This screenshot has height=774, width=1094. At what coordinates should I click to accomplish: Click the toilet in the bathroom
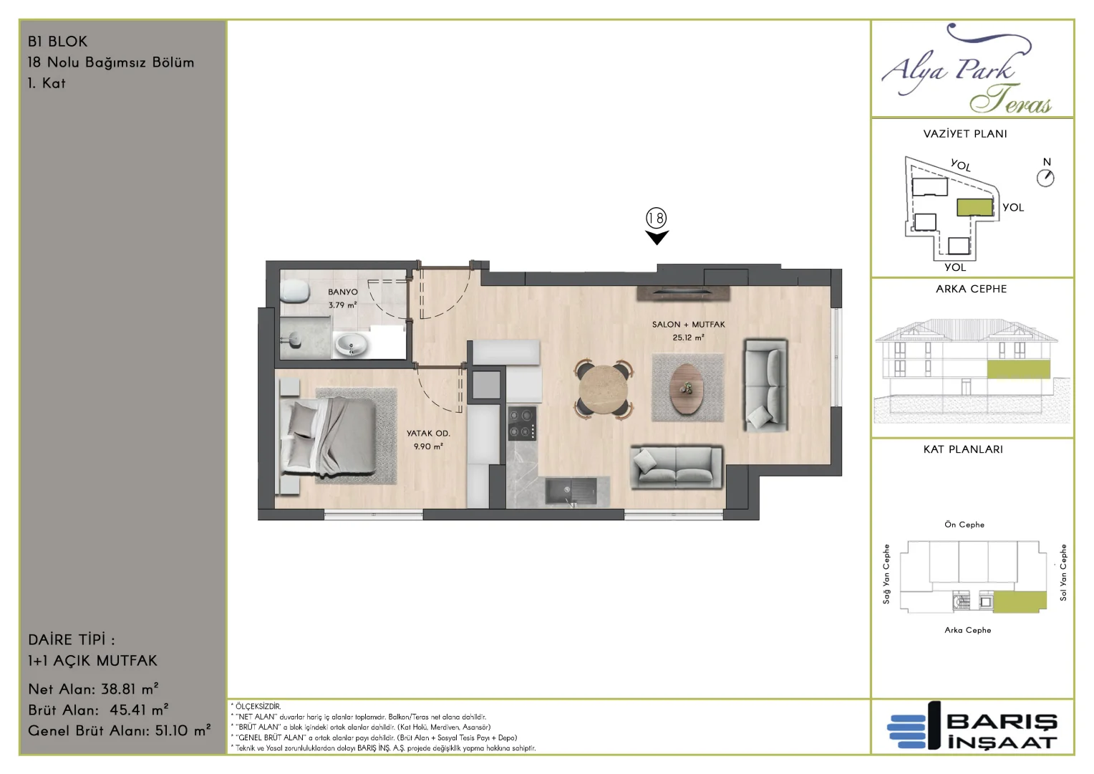pyautogui.click(x=295, y=292)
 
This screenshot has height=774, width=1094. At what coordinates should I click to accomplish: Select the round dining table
pyautogui.click(x=604, y=389)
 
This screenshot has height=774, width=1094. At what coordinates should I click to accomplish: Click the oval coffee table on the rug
pyautogui.click(x=687, y=388)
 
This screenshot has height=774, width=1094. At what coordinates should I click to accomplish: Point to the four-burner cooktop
pyautogui.click(x=522, y=423)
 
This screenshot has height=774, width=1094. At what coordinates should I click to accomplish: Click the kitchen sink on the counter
pyautogui.click(x=571, y=490)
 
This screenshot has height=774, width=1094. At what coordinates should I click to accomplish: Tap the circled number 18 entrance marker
pyautogui.click(x=656, y=218)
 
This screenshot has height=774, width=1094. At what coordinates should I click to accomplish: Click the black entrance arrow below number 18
pyautogui.click(x=657, y=238)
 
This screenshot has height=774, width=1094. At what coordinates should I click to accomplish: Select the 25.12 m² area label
pyautogui.click(x=688, y=338)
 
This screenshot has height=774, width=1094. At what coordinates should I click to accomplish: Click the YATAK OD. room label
pyautogui.click(x=428, y=433)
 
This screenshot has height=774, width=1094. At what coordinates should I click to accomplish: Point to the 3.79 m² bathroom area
pyautogui.click(x=342, y=305)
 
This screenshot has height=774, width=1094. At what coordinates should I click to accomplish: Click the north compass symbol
pyautogui.click(x=1045, y=178)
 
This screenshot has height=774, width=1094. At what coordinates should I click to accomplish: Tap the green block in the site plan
pyautogui.click(x=974, y=207)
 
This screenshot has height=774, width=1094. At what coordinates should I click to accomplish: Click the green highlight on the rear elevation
pyautogui.click(x=1018, y=369)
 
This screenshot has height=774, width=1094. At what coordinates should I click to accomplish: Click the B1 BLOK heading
pyautogui.click(x=57, y=42)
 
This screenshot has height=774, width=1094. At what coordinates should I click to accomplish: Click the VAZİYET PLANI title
pyautogui.click(x=964, y=134)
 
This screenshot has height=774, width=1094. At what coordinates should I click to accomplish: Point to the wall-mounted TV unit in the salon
pyautogui.click(x=683, y=293)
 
